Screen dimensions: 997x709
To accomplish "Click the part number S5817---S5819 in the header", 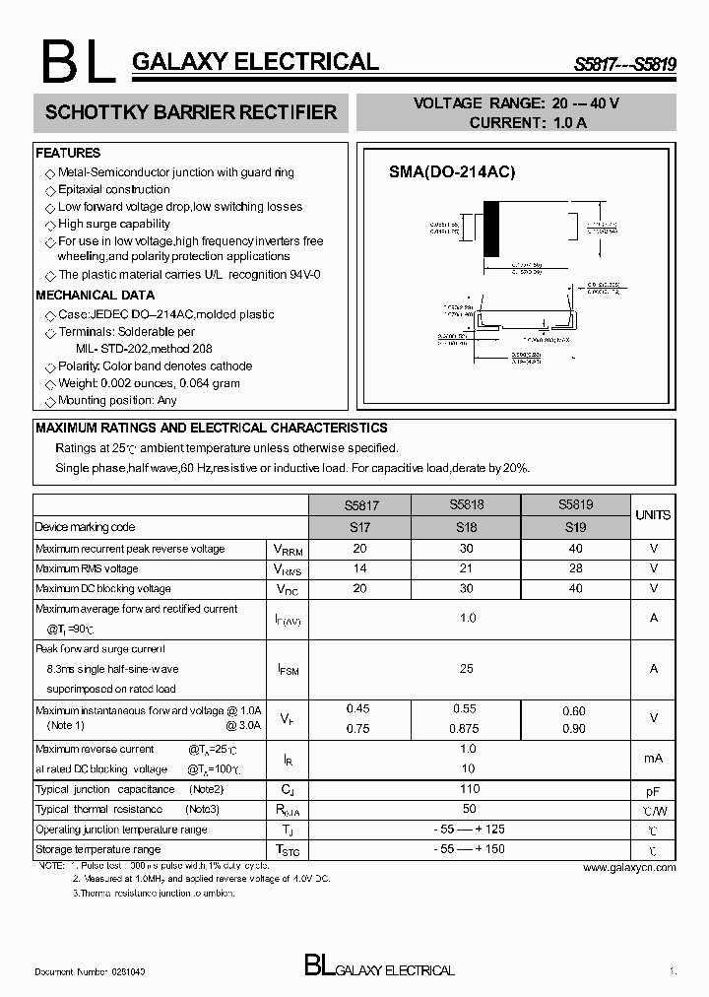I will point(625,64).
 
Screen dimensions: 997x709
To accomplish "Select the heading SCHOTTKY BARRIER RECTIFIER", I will point(191,112).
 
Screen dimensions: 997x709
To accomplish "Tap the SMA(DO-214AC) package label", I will point(451,171).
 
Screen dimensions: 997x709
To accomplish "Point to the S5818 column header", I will point(466,503).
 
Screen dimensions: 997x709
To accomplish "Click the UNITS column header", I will point(653,515).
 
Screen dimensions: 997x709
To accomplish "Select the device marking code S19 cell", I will point(575,527).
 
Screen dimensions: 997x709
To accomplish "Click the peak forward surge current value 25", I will point(467,668).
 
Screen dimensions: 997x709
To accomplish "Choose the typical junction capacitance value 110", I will point(469,789).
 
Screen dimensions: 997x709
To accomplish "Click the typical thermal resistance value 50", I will point(469,809).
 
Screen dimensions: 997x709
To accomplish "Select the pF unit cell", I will point(653,791).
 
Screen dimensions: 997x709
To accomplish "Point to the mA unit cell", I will point(653,758).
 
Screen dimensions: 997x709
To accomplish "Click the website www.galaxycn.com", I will point(629,868).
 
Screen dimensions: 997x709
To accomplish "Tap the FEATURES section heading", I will point(68,153).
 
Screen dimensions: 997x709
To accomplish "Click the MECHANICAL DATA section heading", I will point(95,295).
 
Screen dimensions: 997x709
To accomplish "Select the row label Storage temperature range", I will point(97,849).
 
